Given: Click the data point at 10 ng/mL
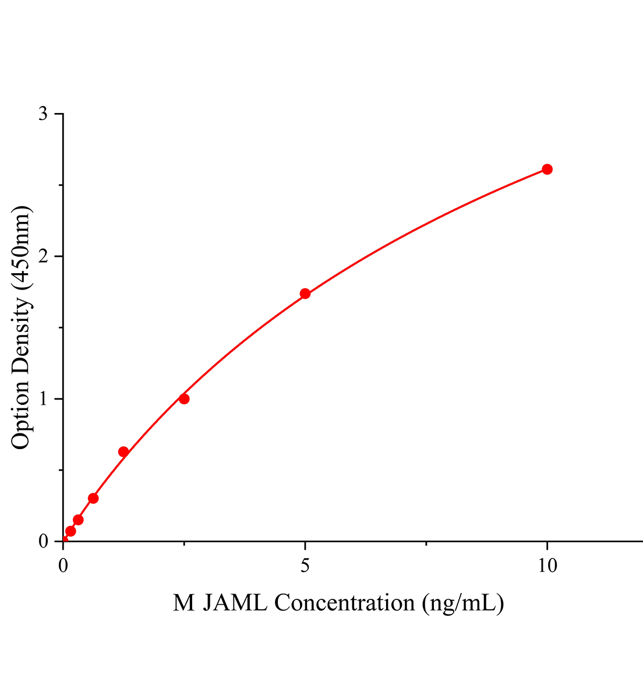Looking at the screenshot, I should coord(547,170).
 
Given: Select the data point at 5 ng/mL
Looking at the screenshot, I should coord(305,294).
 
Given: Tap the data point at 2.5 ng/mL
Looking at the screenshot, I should coord(184,399).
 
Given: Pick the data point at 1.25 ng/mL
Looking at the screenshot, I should coord(123,452).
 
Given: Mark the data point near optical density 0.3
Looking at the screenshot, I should coord(93,498).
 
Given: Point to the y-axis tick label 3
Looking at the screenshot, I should coord(43,114).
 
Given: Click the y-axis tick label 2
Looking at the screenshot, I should coord(43,257).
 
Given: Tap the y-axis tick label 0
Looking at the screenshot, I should coord(43,542).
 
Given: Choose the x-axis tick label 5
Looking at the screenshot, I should coord(305,565).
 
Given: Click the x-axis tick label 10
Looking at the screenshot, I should coord(547,565).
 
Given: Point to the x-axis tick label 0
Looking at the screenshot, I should coord(63,565).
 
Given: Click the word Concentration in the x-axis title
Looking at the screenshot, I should coord(344,603).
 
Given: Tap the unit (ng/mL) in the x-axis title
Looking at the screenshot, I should coord(464,603).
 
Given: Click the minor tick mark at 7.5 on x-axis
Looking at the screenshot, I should coord(426,544).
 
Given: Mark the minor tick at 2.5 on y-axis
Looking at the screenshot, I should coord(61,185).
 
